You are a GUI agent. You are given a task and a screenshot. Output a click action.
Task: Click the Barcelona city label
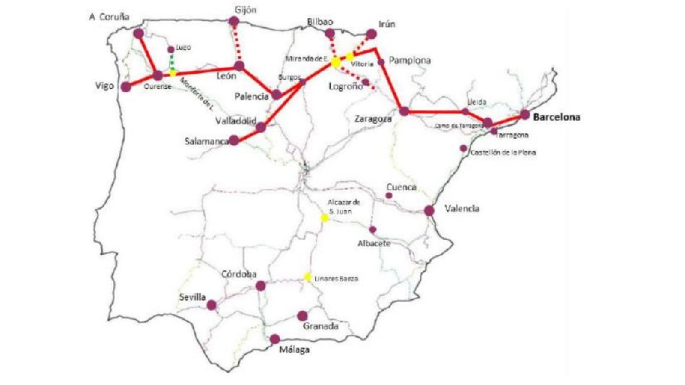point(557,117)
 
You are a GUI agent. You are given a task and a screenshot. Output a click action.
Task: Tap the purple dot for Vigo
point(126,87)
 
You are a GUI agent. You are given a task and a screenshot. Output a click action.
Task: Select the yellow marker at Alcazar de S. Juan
point(325,218)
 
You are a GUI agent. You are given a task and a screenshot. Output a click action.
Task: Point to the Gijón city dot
point(234,21)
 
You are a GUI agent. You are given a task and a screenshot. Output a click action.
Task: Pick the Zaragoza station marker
point(404,111)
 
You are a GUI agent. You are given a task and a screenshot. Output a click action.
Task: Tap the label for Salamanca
point(206,141)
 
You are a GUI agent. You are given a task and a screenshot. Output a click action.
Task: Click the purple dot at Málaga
point(275,339)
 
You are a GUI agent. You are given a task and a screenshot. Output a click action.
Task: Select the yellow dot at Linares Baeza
point(307,277)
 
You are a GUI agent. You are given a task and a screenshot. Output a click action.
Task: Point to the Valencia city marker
point(429,210)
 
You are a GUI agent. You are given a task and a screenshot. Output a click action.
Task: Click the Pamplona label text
point(410,60)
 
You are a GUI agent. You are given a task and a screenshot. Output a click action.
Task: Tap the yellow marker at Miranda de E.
point(336,62)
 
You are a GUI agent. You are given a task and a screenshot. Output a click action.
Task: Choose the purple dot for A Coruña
point(138,33)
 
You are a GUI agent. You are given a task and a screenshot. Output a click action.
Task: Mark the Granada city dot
point(302,316)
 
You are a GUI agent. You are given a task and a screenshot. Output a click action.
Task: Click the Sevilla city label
point(192,297)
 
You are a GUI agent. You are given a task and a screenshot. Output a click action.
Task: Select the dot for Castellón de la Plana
point(463,148)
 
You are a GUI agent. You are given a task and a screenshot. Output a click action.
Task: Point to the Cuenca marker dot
point(389,195)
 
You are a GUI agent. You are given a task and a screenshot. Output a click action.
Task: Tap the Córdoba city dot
point(260,285)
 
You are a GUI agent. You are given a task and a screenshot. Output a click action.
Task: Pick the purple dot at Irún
point(371,34)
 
